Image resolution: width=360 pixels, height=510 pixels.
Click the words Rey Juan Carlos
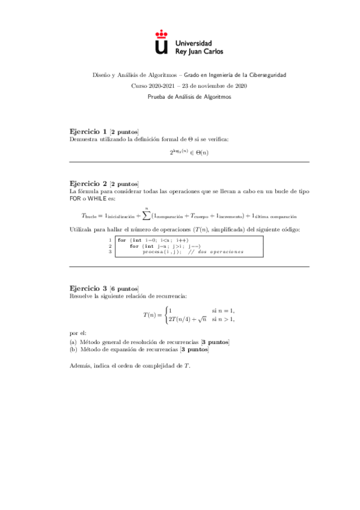(x=198, y=52)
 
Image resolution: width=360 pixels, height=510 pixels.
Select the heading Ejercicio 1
(x=90, y=132)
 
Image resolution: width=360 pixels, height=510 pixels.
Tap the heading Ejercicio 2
(x=90, y=183)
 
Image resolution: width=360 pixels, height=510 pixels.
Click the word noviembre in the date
(x=210, y=86)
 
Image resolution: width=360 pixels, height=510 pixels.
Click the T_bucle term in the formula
(x=91, y=216)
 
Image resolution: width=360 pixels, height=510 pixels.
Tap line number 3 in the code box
(x=110, y=251)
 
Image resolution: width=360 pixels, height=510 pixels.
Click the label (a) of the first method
(x=73, y=342)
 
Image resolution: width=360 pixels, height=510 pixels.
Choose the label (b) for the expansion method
(x=73, y=349)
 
